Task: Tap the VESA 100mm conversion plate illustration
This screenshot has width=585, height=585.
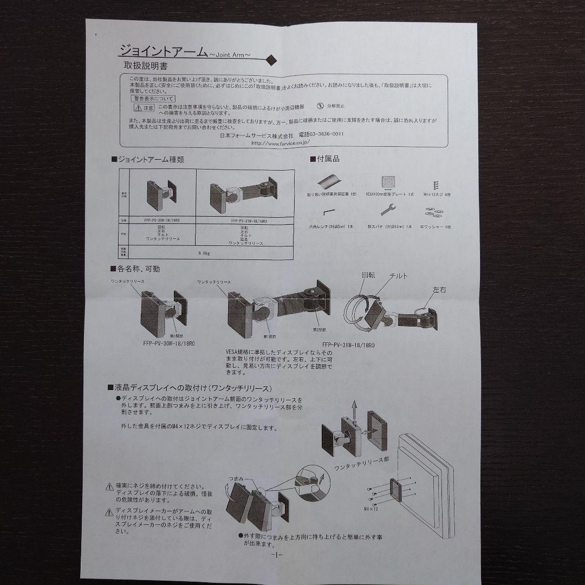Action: coord(387,181)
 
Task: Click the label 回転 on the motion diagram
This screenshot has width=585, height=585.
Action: coord(368,275)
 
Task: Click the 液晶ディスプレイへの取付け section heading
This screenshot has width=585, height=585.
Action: coord(194,388)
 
